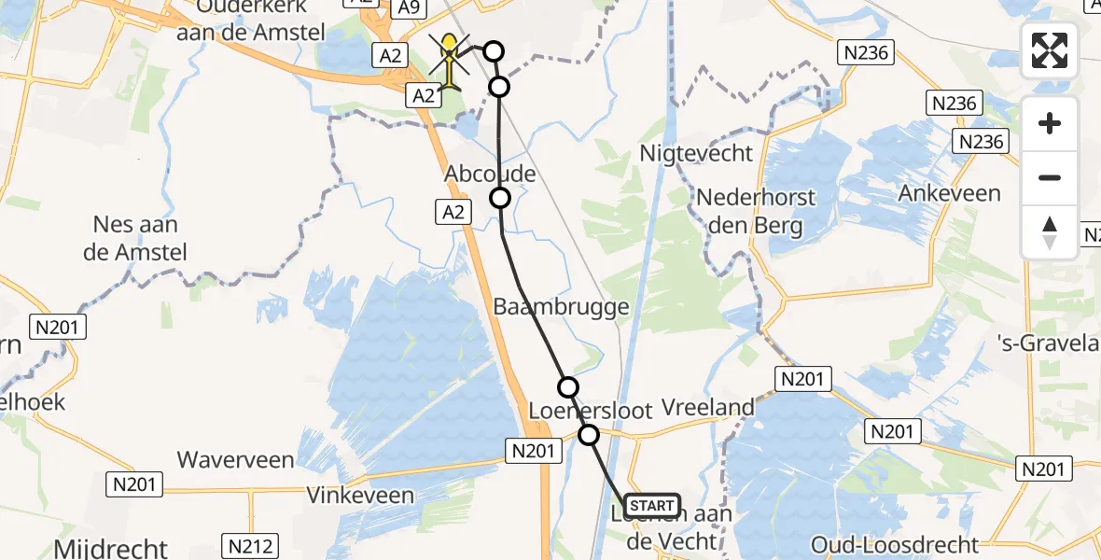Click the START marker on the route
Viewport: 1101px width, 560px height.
(652, 507)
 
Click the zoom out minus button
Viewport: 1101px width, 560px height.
(1050, 177)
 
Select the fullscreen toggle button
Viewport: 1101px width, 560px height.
(1050, 50)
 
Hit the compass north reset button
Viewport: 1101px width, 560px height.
(1050, 231)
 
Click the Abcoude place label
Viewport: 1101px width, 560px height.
(490, 175)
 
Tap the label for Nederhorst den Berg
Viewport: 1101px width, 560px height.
(756, 212)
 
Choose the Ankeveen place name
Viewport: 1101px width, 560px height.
(949, 194)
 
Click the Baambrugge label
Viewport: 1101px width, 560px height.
(561, 306)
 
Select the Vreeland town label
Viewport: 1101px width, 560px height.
(707, 407)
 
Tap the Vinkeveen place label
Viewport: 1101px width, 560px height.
(360, 495)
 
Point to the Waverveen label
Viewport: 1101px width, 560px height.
(235, 460)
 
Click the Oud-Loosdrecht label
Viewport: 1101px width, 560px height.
(894, 545)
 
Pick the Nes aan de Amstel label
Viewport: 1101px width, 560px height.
(136, 238)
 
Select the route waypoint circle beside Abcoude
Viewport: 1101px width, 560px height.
(500, 198)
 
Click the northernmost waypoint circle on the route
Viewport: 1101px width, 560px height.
(492, 51)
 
